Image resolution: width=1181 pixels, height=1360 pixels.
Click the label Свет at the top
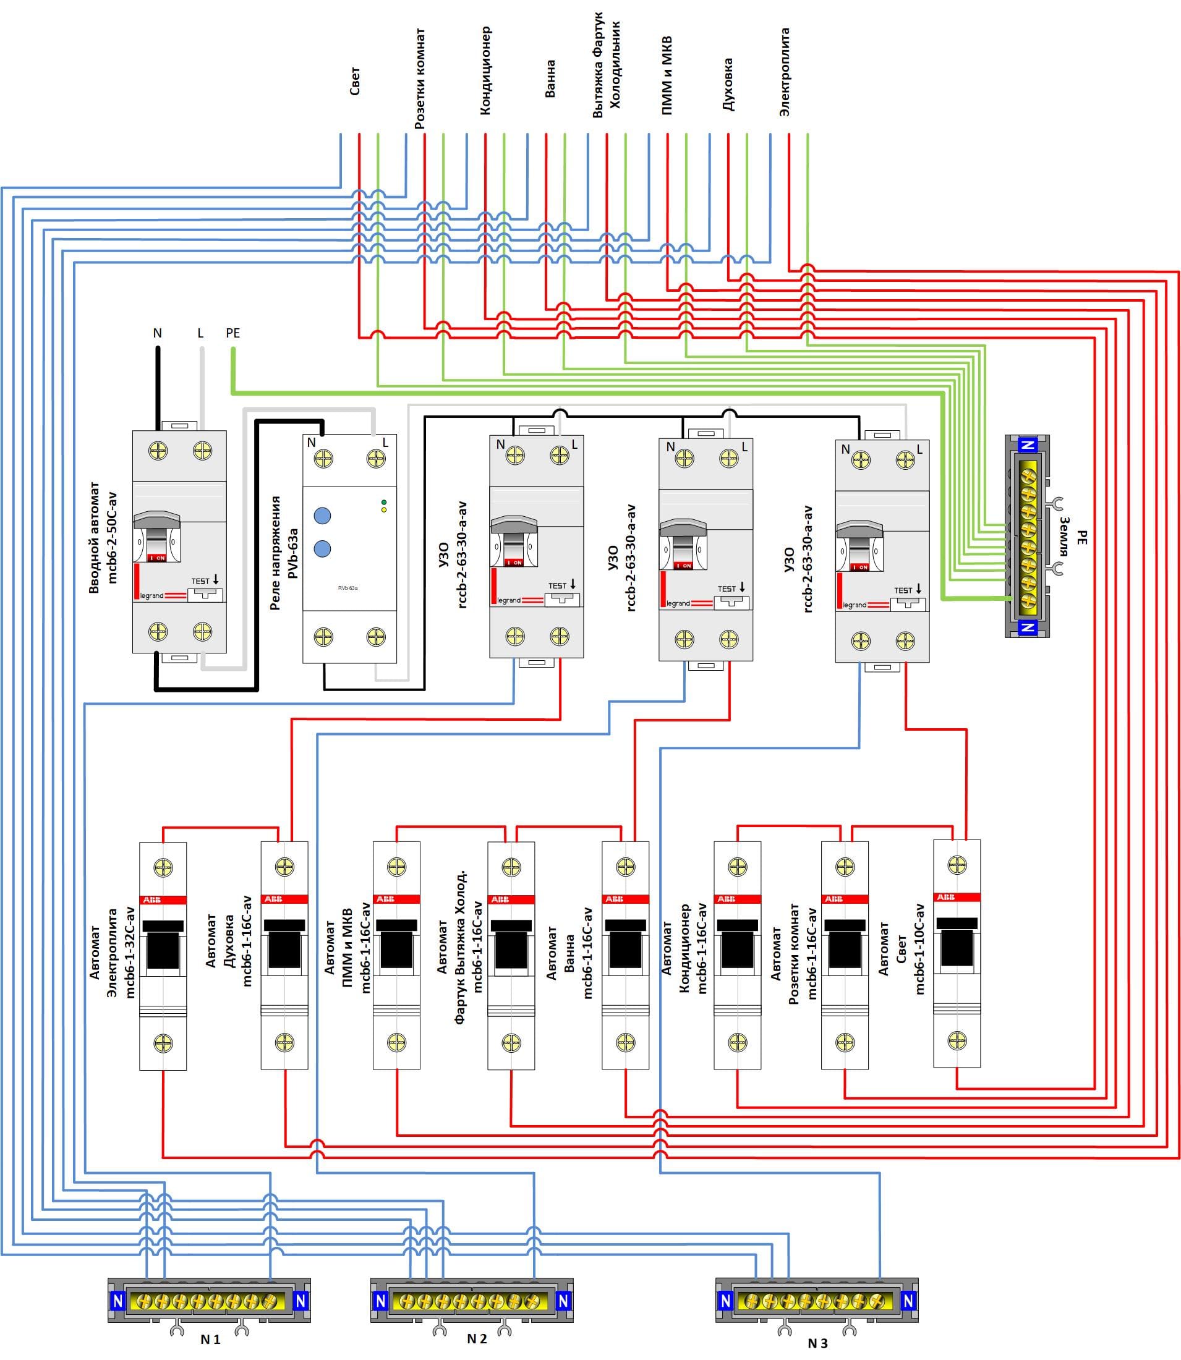coord(354,81)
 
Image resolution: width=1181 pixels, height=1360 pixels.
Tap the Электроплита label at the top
coord(784,72)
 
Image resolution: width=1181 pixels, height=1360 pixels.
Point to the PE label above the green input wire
coord(232,333)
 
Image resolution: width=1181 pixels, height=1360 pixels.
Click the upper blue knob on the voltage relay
coord(322,516)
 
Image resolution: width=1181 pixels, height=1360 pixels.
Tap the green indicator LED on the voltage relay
coord(383,503)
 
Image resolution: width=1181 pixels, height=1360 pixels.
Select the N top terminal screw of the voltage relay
coord(323,459)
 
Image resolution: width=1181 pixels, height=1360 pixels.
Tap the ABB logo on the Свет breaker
coord(945,897)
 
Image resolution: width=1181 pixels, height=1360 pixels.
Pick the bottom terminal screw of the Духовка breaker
coord(284,1042)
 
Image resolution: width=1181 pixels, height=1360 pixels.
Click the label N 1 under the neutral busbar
coord(210,1339)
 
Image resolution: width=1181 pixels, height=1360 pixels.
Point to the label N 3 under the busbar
coord(817,1343)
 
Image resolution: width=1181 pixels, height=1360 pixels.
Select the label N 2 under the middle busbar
coord(477,1338)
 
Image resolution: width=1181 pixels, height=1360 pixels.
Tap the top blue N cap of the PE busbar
coord(1028,444)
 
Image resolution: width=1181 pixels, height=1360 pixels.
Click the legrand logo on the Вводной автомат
coord(152,596)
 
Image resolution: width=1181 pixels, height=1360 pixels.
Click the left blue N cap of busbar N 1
coord(118,1301)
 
